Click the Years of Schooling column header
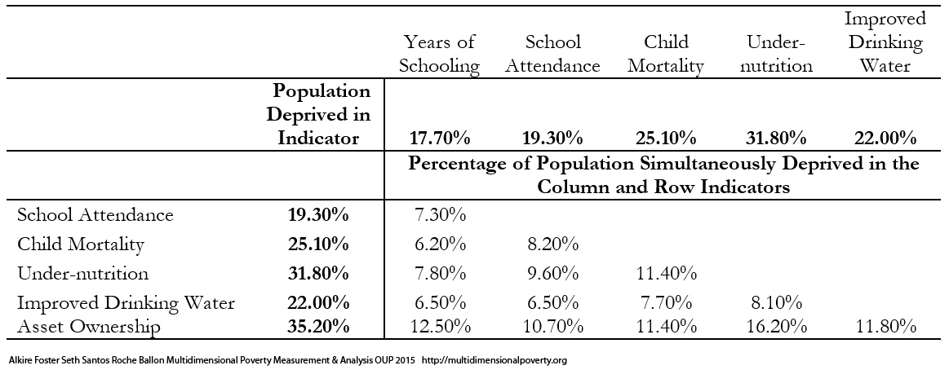(x=439, y=54)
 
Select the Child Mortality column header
(x=666, y=54)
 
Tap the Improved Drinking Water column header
(x=885, y=42)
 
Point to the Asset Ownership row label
(x=89, y=327)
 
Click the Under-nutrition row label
(x=83, y=273)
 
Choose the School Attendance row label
(x=95, y=214)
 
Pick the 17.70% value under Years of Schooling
(x=439, y=139)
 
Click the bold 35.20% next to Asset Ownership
(x=318, y=327)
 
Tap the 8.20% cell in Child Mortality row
(x=552, y=244)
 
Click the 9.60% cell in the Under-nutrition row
(x=552, y=274)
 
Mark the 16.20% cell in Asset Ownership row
(x=776, y=328)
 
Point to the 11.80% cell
(x=885, y=328)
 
